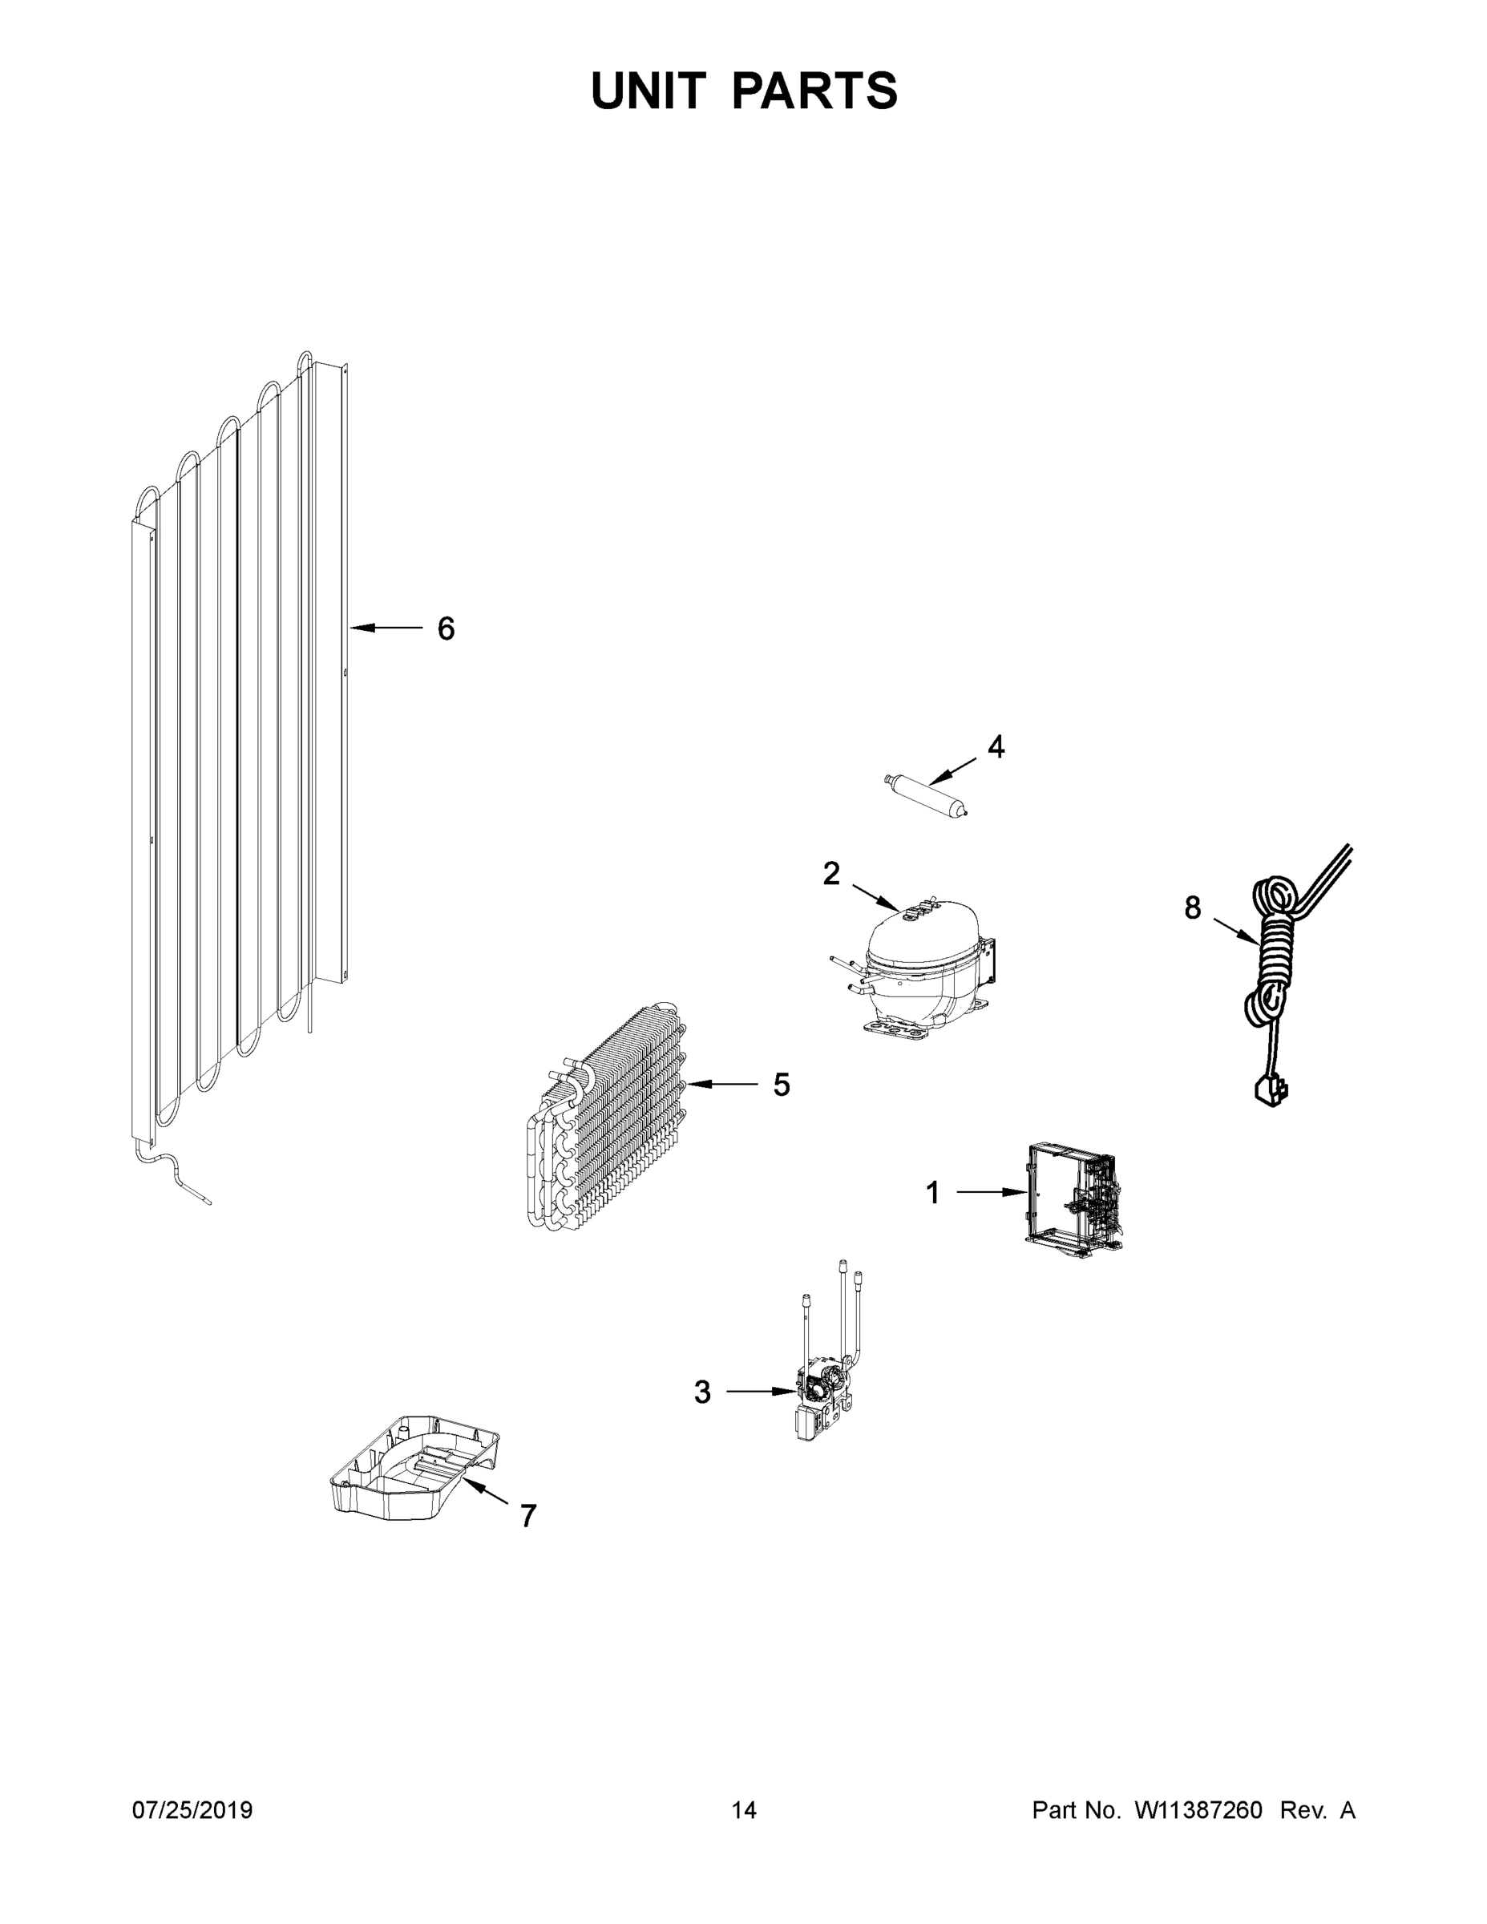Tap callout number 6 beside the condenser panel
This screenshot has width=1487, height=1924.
446,629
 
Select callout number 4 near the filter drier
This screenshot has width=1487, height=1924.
996,746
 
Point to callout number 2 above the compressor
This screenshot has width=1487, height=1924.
831,873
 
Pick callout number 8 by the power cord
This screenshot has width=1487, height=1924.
1192,907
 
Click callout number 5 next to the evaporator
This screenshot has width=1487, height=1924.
782,1085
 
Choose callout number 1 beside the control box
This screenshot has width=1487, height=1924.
933,1193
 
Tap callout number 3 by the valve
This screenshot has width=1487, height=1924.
702,1392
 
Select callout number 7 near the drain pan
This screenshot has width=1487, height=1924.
527,1516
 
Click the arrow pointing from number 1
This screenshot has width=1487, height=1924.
991,1193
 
